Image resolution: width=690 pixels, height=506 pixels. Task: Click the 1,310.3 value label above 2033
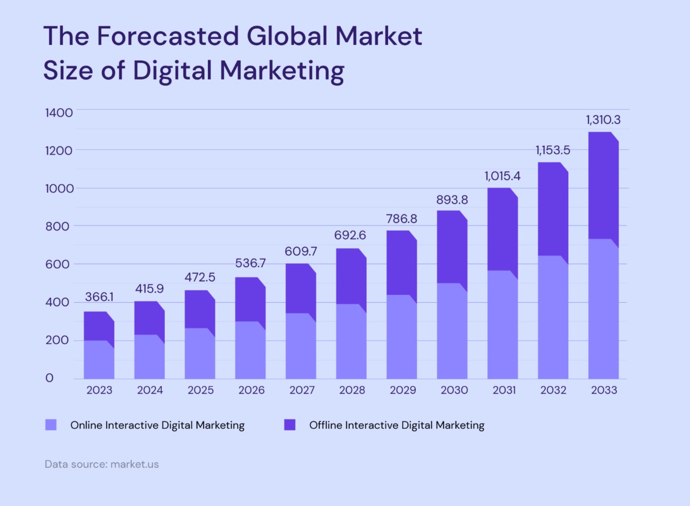tap(603, 120)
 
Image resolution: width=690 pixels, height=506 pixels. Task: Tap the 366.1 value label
tap(99, 297)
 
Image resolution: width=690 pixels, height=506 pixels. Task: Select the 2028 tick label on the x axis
tap(352, 390)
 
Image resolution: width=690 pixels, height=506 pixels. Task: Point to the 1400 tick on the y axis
tap(59, 113)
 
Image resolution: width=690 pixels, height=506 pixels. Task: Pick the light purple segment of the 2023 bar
tap(99, 360)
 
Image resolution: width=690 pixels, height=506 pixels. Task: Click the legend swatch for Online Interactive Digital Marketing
tap(51, 424)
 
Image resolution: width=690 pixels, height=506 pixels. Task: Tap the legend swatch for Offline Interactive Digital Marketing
tap(289, 424)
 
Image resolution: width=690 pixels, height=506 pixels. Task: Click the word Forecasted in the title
tap(168, 36)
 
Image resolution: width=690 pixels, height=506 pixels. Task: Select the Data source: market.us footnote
tap(102, 464)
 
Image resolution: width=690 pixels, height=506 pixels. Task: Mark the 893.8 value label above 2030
tap(452, 200)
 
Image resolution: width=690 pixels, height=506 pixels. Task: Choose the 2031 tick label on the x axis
tap(504, 390)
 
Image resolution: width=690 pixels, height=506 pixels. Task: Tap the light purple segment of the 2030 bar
tap(452, 331)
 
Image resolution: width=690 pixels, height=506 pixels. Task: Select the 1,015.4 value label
tap(502, 176)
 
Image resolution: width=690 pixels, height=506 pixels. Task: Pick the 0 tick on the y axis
tap(49, 378)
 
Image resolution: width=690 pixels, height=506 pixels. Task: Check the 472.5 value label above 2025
tap(200, 277)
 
